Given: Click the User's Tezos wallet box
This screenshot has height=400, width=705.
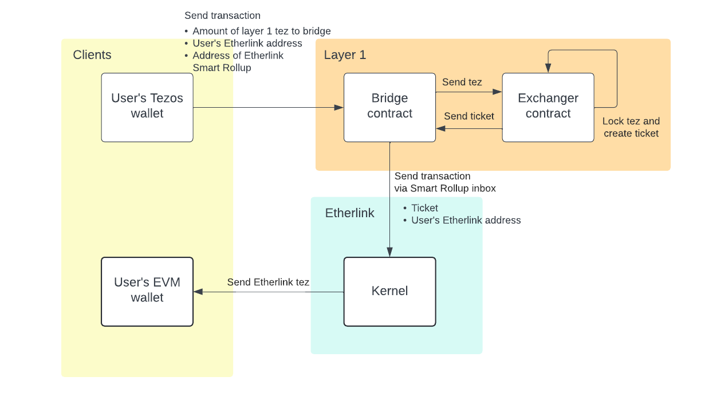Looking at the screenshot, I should pyautogui.click(x=147, y=107).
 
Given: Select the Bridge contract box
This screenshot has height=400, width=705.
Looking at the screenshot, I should pyautogui.click(x=389, y=107).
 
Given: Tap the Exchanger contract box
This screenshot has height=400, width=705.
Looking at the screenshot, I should pyautogui.click(x=548, y=107).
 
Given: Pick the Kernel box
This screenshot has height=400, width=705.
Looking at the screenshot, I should pyautogui.click(x=389, y=291).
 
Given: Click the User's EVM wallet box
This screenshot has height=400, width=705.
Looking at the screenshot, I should pyautogui.click(x=147, y=291).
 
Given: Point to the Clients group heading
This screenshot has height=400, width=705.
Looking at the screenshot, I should pyautogui.click(x=92, y=55).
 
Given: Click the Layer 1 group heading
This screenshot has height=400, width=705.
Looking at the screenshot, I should pyautogui.click(x=345, y=55).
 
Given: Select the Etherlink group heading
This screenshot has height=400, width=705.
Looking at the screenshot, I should pyautogui.click(x=349, y=213).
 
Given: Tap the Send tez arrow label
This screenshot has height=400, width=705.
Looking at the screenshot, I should pyautogui.click(x=462, y=82).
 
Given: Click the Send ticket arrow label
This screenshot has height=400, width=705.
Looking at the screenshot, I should pyautogui.click(x=468, y=116).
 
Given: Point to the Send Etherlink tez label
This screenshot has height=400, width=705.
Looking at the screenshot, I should pyautogui.click(x=268, y=282).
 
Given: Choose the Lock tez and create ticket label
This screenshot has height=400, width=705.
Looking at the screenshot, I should pyautogui.click(x=631, y=127).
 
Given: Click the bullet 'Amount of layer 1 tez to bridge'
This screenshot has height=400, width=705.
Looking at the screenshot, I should pyautogui.click(x=261, y=31).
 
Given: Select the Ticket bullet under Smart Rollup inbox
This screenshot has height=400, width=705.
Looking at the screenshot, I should pyautogui.click(x=424, y=208).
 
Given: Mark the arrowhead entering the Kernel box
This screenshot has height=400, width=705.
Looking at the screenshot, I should pyautogui.click(x=390, y=252).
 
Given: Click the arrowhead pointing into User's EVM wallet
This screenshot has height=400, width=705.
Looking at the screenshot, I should pyautogui.click(x=198, y=292).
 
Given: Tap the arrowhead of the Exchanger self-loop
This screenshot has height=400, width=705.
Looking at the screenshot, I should pyautogui.click(x=548, y=69).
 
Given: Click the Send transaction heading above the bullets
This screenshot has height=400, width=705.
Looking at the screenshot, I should pyautogui.click(x=222, y=15).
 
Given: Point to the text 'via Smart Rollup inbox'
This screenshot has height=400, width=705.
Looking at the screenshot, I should pyautogui.click(x=445, y=188).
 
